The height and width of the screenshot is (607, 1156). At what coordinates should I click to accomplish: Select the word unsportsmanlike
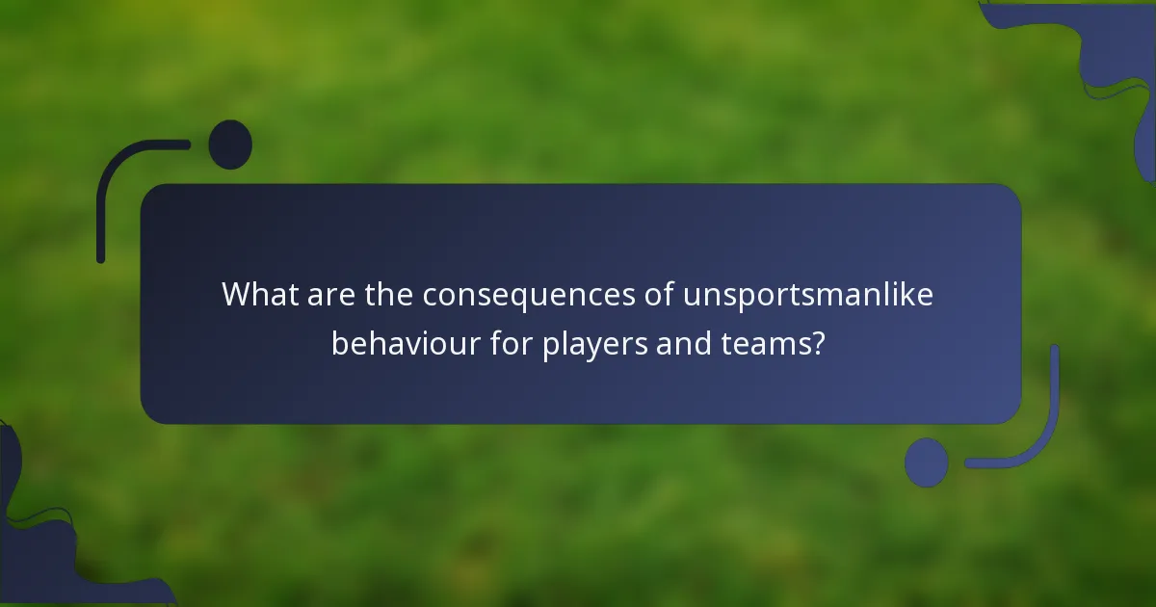pyautogui.click(x=807, y=295)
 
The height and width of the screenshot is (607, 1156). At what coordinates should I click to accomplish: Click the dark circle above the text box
pyautogui.click(x=230, y=145)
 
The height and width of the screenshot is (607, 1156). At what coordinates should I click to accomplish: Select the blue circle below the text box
pyautogui.click(x=927, y=462)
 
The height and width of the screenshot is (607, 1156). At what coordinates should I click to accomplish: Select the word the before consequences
pyautogui.click(x=388, y=295)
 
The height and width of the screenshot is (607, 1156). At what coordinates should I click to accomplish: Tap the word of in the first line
pyautogui.click(x=658, y=295)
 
